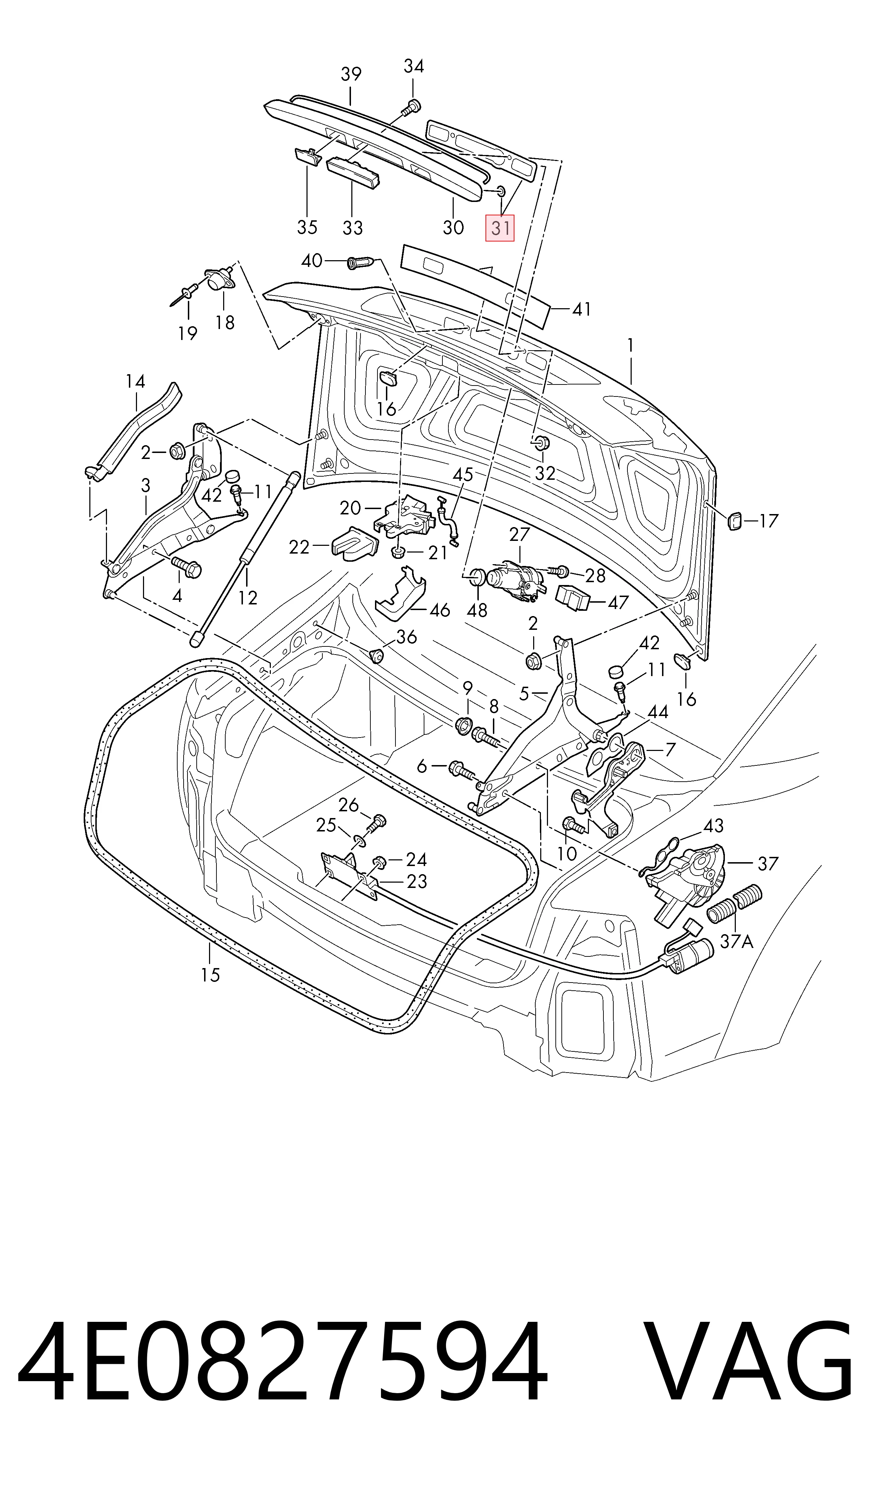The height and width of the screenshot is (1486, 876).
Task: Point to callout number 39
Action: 351,74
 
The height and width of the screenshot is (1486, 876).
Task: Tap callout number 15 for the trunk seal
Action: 210,974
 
